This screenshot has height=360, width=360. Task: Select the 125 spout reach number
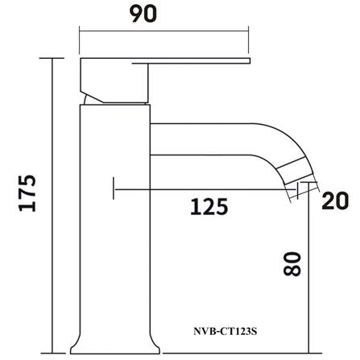[209, 207]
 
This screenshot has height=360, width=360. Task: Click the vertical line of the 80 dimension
[310, 274]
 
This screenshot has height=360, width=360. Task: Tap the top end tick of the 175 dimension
[54, 59]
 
